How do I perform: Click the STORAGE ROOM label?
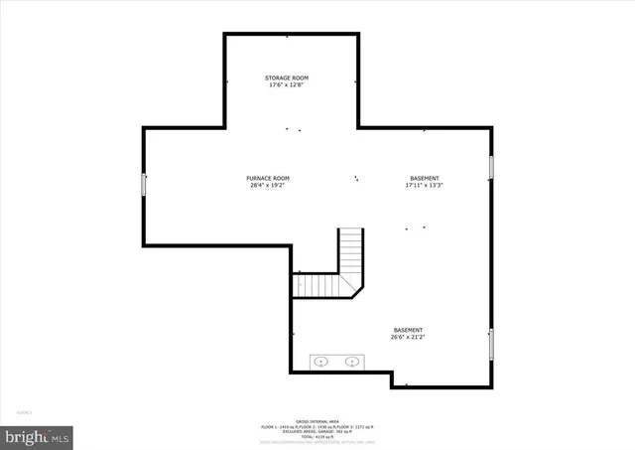[x=287, y=77]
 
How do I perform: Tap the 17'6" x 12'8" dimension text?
[x=287, y=85]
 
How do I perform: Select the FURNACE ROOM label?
[x=268, y=178]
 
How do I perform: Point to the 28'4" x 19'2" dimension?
[x=268, y=186]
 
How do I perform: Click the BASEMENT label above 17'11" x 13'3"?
[x=424, y=178]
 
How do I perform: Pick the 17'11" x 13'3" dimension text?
[x=424, y=186]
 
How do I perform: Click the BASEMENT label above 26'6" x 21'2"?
[x=409, y=330]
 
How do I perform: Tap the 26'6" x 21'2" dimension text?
[x=409, y=338]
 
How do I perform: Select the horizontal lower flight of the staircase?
[x=317, y=286]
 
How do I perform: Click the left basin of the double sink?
[x=321, y=362]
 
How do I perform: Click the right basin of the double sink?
[x=351, y=362]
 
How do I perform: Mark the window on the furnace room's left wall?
[x=145, y=184]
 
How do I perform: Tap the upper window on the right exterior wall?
[x=491, y=167]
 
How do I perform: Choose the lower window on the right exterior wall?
[x=491, y=344]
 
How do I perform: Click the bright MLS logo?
[x=38, y=435]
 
